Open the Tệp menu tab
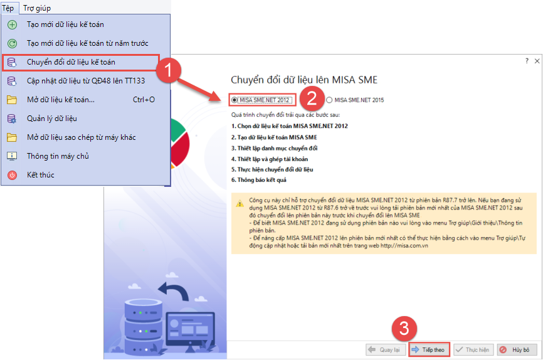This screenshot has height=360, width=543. click(8, 8)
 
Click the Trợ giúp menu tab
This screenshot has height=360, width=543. click(37, 8)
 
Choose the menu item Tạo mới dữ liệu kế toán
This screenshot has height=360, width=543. click(65, 24)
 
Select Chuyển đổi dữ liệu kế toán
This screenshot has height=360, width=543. click(71, 62)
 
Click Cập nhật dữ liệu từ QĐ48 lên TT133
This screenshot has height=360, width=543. click(86, 81)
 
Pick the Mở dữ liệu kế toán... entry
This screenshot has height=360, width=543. click(61, 100)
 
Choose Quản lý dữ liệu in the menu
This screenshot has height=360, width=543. click(52, 119)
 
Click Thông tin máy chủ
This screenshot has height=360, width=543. click(58, 156)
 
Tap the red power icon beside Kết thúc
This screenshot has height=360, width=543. click(12, 175)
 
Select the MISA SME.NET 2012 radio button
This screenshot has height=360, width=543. click(235, 100)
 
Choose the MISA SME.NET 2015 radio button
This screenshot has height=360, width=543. click(329, 100)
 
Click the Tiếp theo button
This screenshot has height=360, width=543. click(429, 349)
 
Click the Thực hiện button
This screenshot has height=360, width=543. click(473, 349)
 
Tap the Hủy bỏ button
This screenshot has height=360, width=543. click(517, 349)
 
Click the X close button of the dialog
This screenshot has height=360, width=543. click(537, 61)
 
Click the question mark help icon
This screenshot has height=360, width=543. click(527, 61)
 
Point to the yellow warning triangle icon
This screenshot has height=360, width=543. click(240, 204)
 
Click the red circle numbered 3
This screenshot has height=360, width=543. click(404, 328)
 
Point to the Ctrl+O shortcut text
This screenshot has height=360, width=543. click(144, 100)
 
